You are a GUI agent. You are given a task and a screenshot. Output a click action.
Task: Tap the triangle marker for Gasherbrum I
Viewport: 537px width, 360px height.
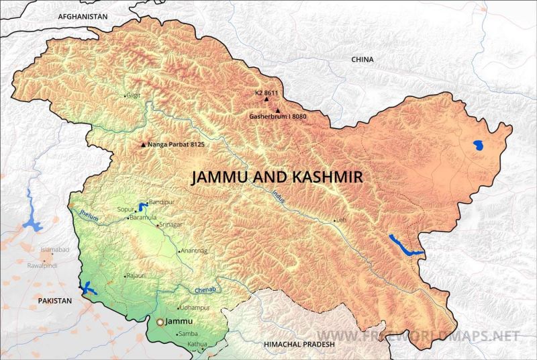[x=277, y=110]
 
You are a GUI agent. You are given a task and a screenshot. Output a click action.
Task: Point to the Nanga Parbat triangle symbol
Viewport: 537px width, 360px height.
[x=142, y=144]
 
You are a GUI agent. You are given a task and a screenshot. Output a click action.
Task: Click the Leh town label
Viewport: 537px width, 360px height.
[x=341, y=220]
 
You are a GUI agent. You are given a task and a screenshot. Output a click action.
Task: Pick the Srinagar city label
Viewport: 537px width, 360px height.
[x=172, y=225]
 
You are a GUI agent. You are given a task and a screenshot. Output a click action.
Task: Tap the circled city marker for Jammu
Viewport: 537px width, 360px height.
[x=160, y=322]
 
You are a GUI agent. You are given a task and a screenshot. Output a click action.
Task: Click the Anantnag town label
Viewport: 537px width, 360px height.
[x=193, y=251]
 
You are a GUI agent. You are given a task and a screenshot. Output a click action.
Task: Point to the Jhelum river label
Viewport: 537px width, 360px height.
[x=89, y=216]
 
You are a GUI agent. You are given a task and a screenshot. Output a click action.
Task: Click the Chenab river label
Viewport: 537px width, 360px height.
[x=205, y=289]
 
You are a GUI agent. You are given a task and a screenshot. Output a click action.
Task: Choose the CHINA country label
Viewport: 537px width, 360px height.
[x=362, y=60]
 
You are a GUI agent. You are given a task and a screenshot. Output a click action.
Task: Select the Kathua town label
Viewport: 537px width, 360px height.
[x=197, y=344]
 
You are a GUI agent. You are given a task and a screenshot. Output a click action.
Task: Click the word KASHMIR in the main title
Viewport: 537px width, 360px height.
[x=324, y=177]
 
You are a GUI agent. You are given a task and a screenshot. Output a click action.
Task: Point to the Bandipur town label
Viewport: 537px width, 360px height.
[x=161, y=201]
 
